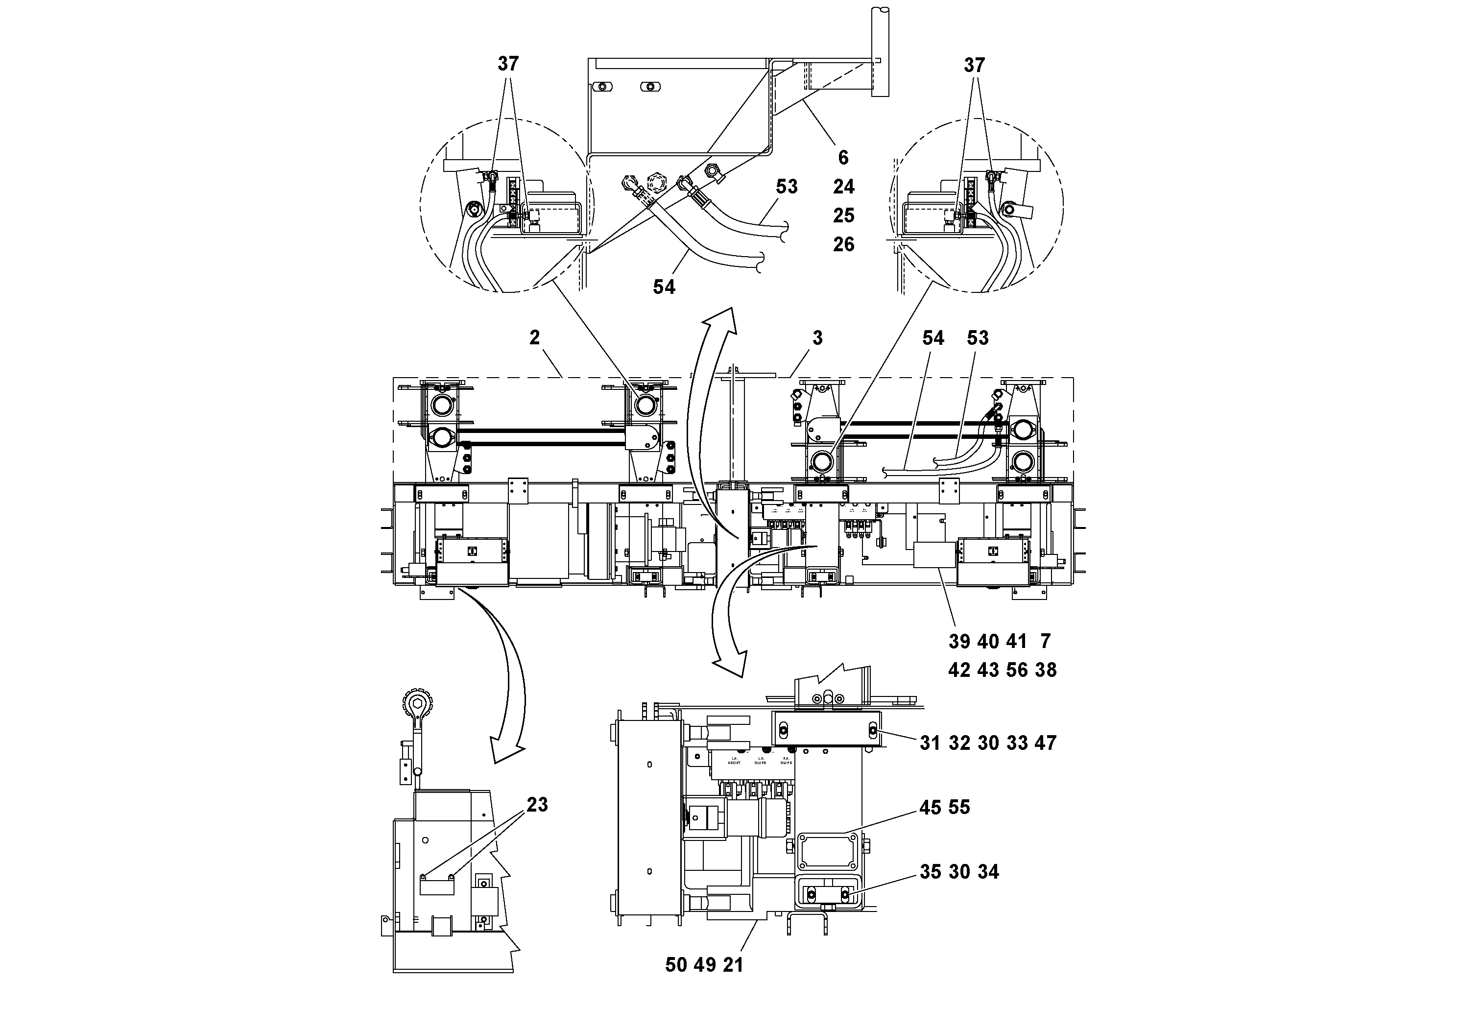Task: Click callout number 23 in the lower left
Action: (x=537, y=805)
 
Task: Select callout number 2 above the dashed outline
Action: (x=535, y=338)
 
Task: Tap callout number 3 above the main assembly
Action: (x=817, y=338)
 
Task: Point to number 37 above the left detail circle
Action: (x=508, y=64)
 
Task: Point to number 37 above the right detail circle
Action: (x=974, y=65)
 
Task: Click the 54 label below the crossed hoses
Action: (x=664, y=287)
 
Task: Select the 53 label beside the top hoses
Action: (x=786, y=187)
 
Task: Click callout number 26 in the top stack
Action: (x=843, y=244)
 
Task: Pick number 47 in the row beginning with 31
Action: (x=1045, y=743)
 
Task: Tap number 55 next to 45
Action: (x=959, y=807)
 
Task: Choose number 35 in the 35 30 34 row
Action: (x=931, y=872)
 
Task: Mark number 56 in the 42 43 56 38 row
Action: (x=1017, y=670)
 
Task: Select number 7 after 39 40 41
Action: (x=1045, y=642)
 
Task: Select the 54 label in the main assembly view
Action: (x=933, y=338)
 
